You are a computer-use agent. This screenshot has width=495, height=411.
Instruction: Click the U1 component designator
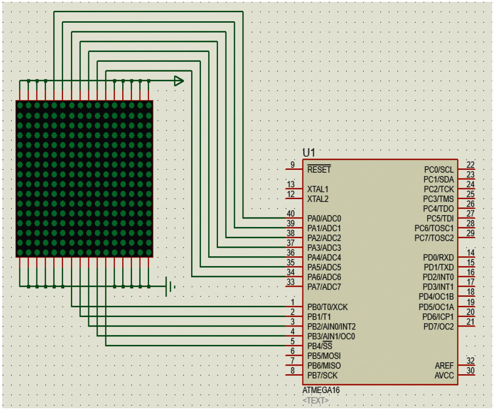pyautogui.click(x=309, y=153)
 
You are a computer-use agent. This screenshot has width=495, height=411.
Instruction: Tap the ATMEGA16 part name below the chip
pyautogui.click(x=321, y=390)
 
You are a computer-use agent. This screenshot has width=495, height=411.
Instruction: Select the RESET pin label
pyautogui.click(x=319, y=169)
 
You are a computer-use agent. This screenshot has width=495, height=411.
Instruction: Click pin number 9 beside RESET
pyautogui.click(x=293, y=165)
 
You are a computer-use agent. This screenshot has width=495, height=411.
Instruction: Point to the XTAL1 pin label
pyautogui.click(x=318, y=189)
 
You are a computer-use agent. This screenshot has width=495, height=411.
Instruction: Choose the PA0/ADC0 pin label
pyautogui.click(x=324, y=218)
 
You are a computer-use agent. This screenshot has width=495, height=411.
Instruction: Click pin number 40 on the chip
pyautogui.click(x=291, y=214)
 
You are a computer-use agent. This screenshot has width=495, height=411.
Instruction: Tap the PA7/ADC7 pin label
pyautogui.click(x=324, y=287)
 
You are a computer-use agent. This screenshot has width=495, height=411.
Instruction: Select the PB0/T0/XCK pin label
pyautogui.click(x=327, y=307)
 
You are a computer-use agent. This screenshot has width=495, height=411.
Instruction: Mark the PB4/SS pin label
pyautogui.click(x=320, y=346)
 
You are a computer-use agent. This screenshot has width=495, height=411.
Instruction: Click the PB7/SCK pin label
pyautogui.click(x=322, y=375)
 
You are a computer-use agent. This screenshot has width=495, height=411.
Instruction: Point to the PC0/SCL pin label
pyautogui.click(x=439, y=169)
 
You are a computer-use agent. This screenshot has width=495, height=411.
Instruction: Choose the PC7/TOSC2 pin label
pyautogui.click(x=434, y=238)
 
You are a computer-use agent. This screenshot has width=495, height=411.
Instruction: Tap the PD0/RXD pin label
pyautogui.click(x=438, y=258)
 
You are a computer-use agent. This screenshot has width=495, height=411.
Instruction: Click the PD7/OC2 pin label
pyautogui.click(x=439, y=327)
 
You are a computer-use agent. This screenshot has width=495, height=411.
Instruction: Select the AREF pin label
pyautogui.click(x=444, y=366)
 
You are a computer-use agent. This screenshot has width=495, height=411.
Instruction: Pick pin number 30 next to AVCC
pyautogui.click(x=470, y=370)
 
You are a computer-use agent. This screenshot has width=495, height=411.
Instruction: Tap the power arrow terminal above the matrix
pyautogui.click(x=179, y=81)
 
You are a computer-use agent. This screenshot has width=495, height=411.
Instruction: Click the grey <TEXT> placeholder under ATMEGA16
pyautogui.click(x=316, y=400)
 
